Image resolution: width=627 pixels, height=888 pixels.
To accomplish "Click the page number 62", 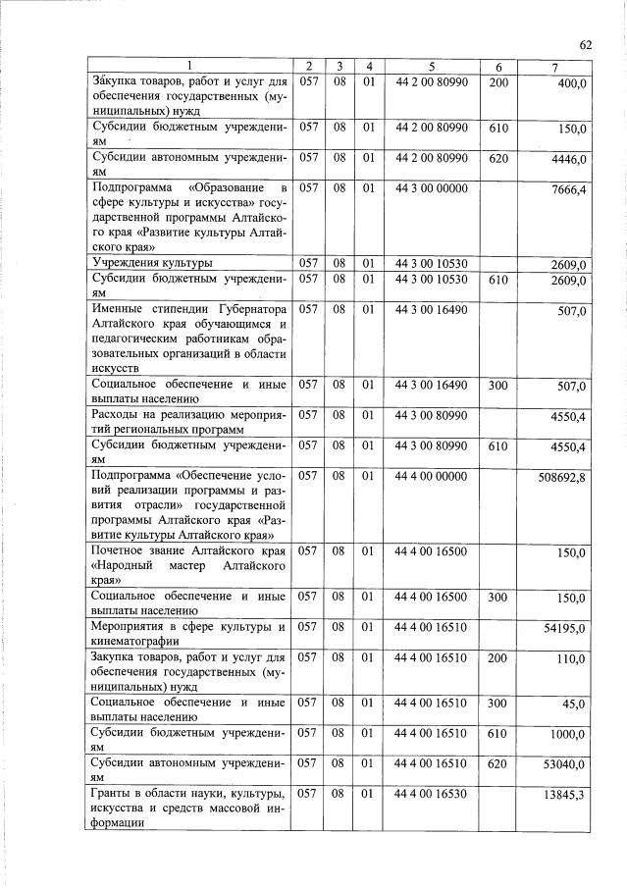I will tap(586, 44).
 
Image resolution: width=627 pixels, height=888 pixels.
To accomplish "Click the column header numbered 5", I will tap(431, 67).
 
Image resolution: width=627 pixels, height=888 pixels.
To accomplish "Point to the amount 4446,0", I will tap(568, 158).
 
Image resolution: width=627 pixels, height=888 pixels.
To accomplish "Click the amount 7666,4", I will tap(568, 189).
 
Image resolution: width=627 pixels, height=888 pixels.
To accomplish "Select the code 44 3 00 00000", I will tap(431, 187).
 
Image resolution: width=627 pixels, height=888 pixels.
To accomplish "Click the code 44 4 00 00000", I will tap(431, 476).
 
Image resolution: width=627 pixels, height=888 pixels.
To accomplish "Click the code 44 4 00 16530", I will tap(431, 793).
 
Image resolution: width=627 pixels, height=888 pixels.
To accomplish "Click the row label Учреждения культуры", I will tap(152, 264).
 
